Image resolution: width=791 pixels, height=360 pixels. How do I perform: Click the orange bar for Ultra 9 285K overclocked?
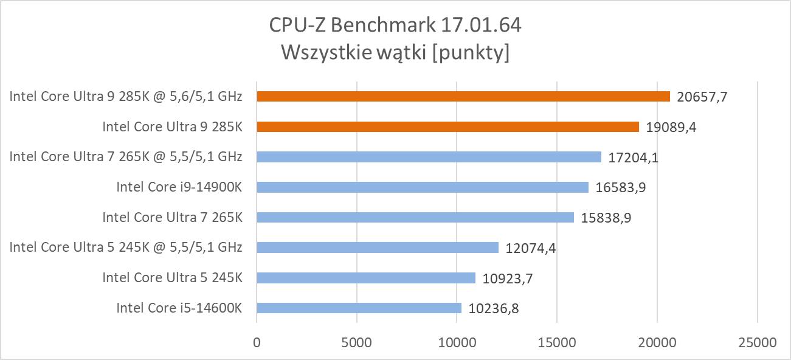463,96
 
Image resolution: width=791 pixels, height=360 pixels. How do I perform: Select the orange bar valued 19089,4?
447,126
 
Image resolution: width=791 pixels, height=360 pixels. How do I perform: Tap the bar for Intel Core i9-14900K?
423,187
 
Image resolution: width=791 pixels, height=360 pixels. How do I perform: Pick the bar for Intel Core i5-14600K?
359,308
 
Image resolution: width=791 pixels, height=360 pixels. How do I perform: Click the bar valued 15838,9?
415,217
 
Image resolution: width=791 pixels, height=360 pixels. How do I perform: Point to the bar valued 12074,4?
378,247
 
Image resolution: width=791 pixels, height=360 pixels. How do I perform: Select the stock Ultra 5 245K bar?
366,277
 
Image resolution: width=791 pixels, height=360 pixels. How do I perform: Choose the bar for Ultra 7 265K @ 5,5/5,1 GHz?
429,157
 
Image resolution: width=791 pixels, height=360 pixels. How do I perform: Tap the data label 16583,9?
621,187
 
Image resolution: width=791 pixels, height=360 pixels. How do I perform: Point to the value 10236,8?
494,308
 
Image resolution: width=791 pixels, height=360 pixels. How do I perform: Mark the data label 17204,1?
634,157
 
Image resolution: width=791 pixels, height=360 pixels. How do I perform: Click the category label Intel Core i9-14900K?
179,187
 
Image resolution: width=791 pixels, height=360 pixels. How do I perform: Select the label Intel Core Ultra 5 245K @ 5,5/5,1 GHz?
126,247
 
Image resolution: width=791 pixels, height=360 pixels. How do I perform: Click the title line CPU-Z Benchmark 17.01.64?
395,26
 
